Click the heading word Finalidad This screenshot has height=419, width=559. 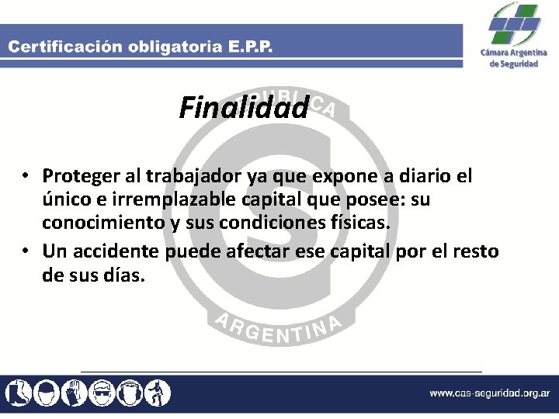[x=244, y=108]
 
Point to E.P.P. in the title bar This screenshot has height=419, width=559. [x=250, y=46]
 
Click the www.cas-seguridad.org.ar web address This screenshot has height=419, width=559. [x=491, y=393]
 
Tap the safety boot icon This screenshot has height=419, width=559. [x=17, y=392]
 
